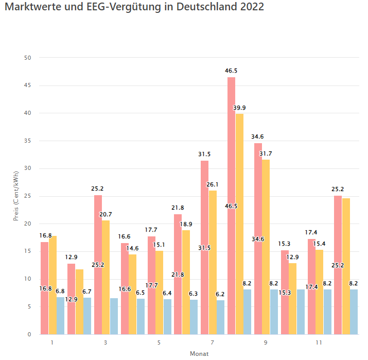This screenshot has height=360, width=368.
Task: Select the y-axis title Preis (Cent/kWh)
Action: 16,196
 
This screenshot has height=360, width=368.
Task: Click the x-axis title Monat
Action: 199,354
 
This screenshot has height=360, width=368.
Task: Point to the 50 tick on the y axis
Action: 28,58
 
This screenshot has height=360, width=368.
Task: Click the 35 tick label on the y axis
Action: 28,141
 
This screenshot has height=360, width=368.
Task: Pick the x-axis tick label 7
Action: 212,342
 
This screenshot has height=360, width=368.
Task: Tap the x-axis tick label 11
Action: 319,342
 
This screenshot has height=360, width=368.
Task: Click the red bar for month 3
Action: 98,232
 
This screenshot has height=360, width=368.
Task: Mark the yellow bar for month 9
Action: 266,247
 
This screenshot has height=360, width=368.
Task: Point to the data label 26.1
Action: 213,184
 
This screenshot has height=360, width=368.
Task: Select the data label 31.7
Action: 266,153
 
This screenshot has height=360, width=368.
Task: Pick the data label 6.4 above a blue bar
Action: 167,293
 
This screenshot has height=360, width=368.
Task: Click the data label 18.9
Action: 186,224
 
